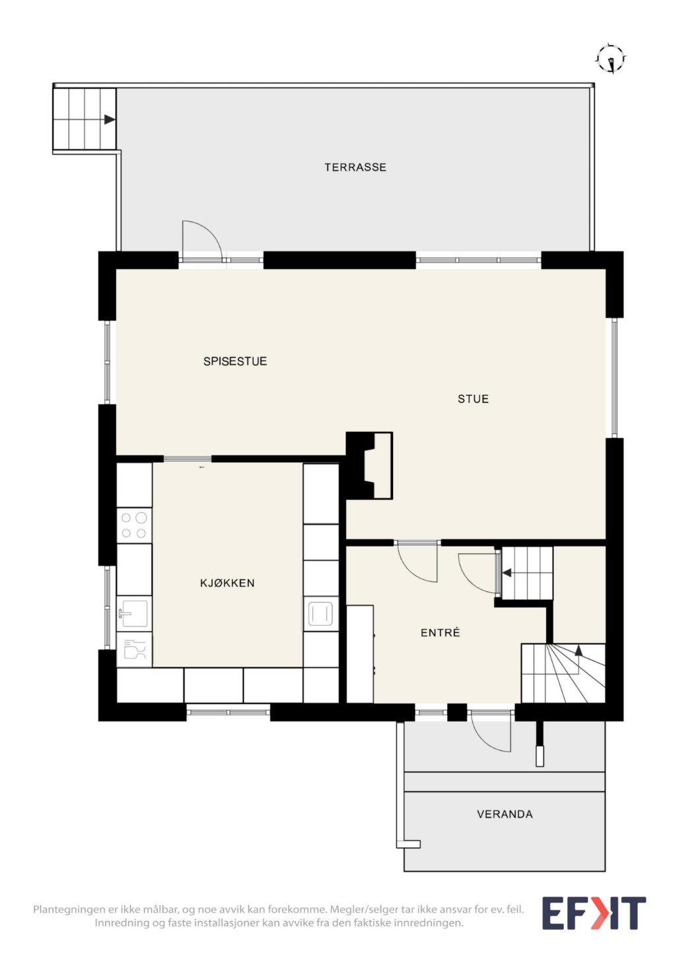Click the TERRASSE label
[x=355, y=167]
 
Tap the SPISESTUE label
[x=235, y=361]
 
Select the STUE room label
[x=473, y=399]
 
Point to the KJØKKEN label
[x=227, y=583]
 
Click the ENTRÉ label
[x=440, y=632]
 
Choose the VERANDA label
[x=505, y=814]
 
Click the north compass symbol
[x=611, y=59]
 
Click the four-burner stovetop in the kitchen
[x=134, y=525]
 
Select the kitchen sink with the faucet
[x=134, y=613]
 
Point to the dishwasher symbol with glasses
[x=134, y=649]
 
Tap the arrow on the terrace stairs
[x=109, y=119]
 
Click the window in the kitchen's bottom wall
[x=228, y=712]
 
